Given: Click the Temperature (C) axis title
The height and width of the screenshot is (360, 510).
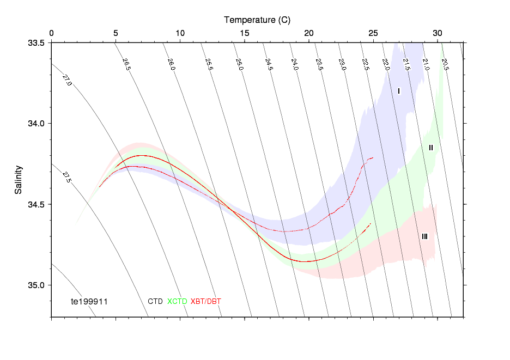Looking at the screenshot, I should [x=257, y=20].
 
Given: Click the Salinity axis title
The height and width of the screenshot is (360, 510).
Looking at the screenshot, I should [x=19, y=179].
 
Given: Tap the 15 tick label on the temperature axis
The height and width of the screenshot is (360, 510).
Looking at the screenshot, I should [x=245, y=34].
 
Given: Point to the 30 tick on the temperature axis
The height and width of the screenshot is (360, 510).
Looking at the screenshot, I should [x=438, y=34].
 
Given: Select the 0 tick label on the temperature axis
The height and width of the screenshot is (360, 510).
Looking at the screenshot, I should [x=51, y=34].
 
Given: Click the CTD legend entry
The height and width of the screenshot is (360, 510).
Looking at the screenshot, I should [x=155, y=301].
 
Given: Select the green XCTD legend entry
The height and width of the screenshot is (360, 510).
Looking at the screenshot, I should [x=177, y=301].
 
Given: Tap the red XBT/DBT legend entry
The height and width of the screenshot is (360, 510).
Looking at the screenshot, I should [x=206, y=301].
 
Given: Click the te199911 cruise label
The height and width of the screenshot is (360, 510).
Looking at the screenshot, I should [x=90, y=301].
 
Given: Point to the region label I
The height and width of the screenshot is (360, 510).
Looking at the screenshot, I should [x=399, y=91].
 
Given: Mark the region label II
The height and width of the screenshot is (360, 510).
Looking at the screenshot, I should [x=430, y=148].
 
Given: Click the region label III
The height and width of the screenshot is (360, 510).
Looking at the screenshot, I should [x=424, y=236].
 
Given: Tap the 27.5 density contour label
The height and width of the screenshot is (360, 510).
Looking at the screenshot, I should [x=66, y=178].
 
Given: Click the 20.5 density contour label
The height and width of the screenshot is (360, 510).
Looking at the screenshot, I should [x=445, y=64].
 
